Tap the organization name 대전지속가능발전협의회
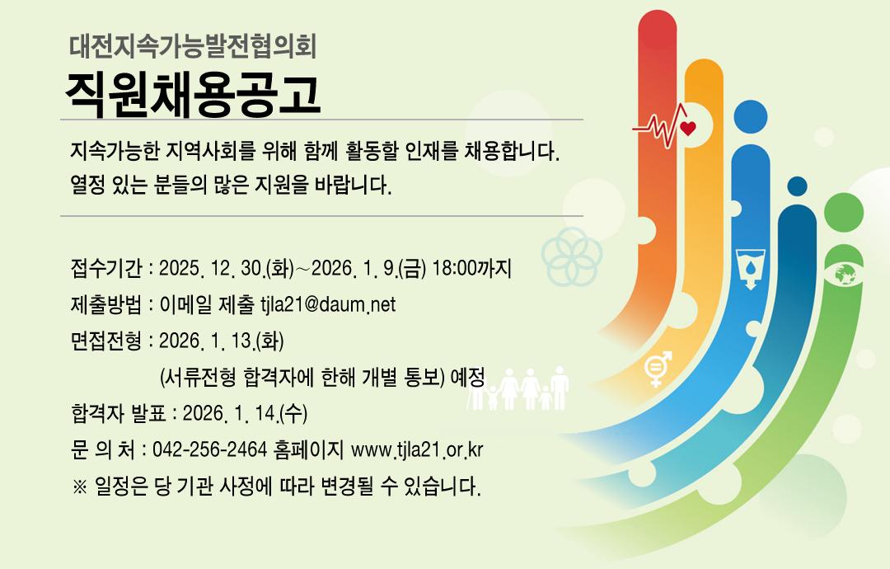pos(194,43)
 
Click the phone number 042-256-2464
pos(209,449)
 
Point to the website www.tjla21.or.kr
pos(417,449)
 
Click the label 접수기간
pos(105,269)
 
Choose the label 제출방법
pos(105,305)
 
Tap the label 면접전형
pos(105,341)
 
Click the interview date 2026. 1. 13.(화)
pos(222,341)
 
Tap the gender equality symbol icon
pos(658,369)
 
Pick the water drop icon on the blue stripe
pos(751,266)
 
